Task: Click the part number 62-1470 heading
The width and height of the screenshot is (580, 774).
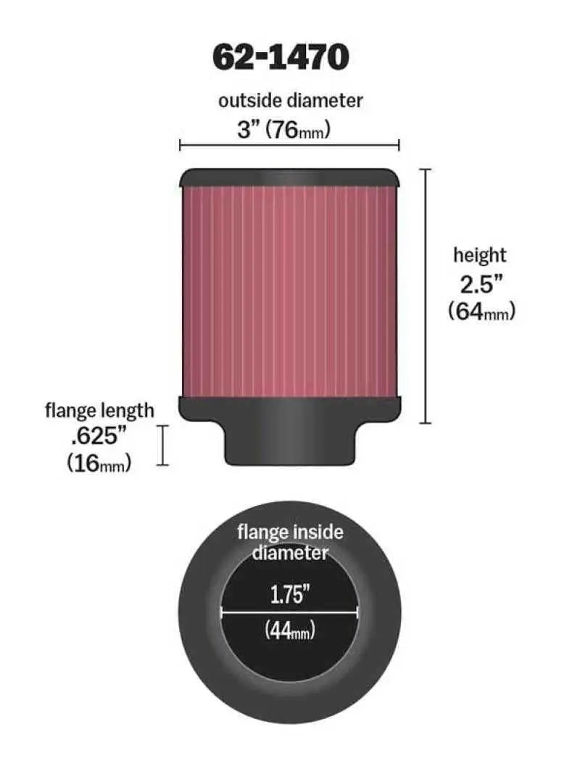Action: (x=280, y=57)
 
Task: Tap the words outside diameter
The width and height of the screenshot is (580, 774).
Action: (x=290, y=100)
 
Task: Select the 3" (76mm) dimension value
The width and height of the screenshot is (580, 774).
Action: (x=285, y=130)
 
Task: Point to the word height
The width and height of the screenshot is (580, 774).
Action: (x=479, y=255)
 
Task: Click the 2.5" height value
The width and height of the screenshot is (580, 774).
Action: (x=480, y=283)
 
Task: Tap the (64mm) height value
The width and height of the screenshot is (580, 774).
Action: (x=481, y=311)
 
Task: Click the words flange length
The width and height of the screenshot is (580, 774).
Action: (x=99, y=410)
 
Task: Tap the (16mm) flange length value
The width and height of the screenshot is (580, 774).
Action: (x=99, y=463)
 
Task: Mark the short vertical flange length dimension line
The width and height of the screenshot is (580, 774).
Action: (x=162, y=445)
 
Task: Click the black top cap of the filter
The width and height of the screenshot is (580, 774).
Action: (x=289, y=177)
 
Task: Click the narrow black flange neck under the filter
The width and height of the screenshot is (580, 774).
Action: (x=290, y=446)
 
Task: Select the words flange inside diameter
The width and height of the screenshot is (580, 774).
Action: (x=290, y=542)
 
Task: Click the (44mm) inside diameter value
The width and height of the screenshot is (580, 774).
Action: (x=289, y=631)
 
